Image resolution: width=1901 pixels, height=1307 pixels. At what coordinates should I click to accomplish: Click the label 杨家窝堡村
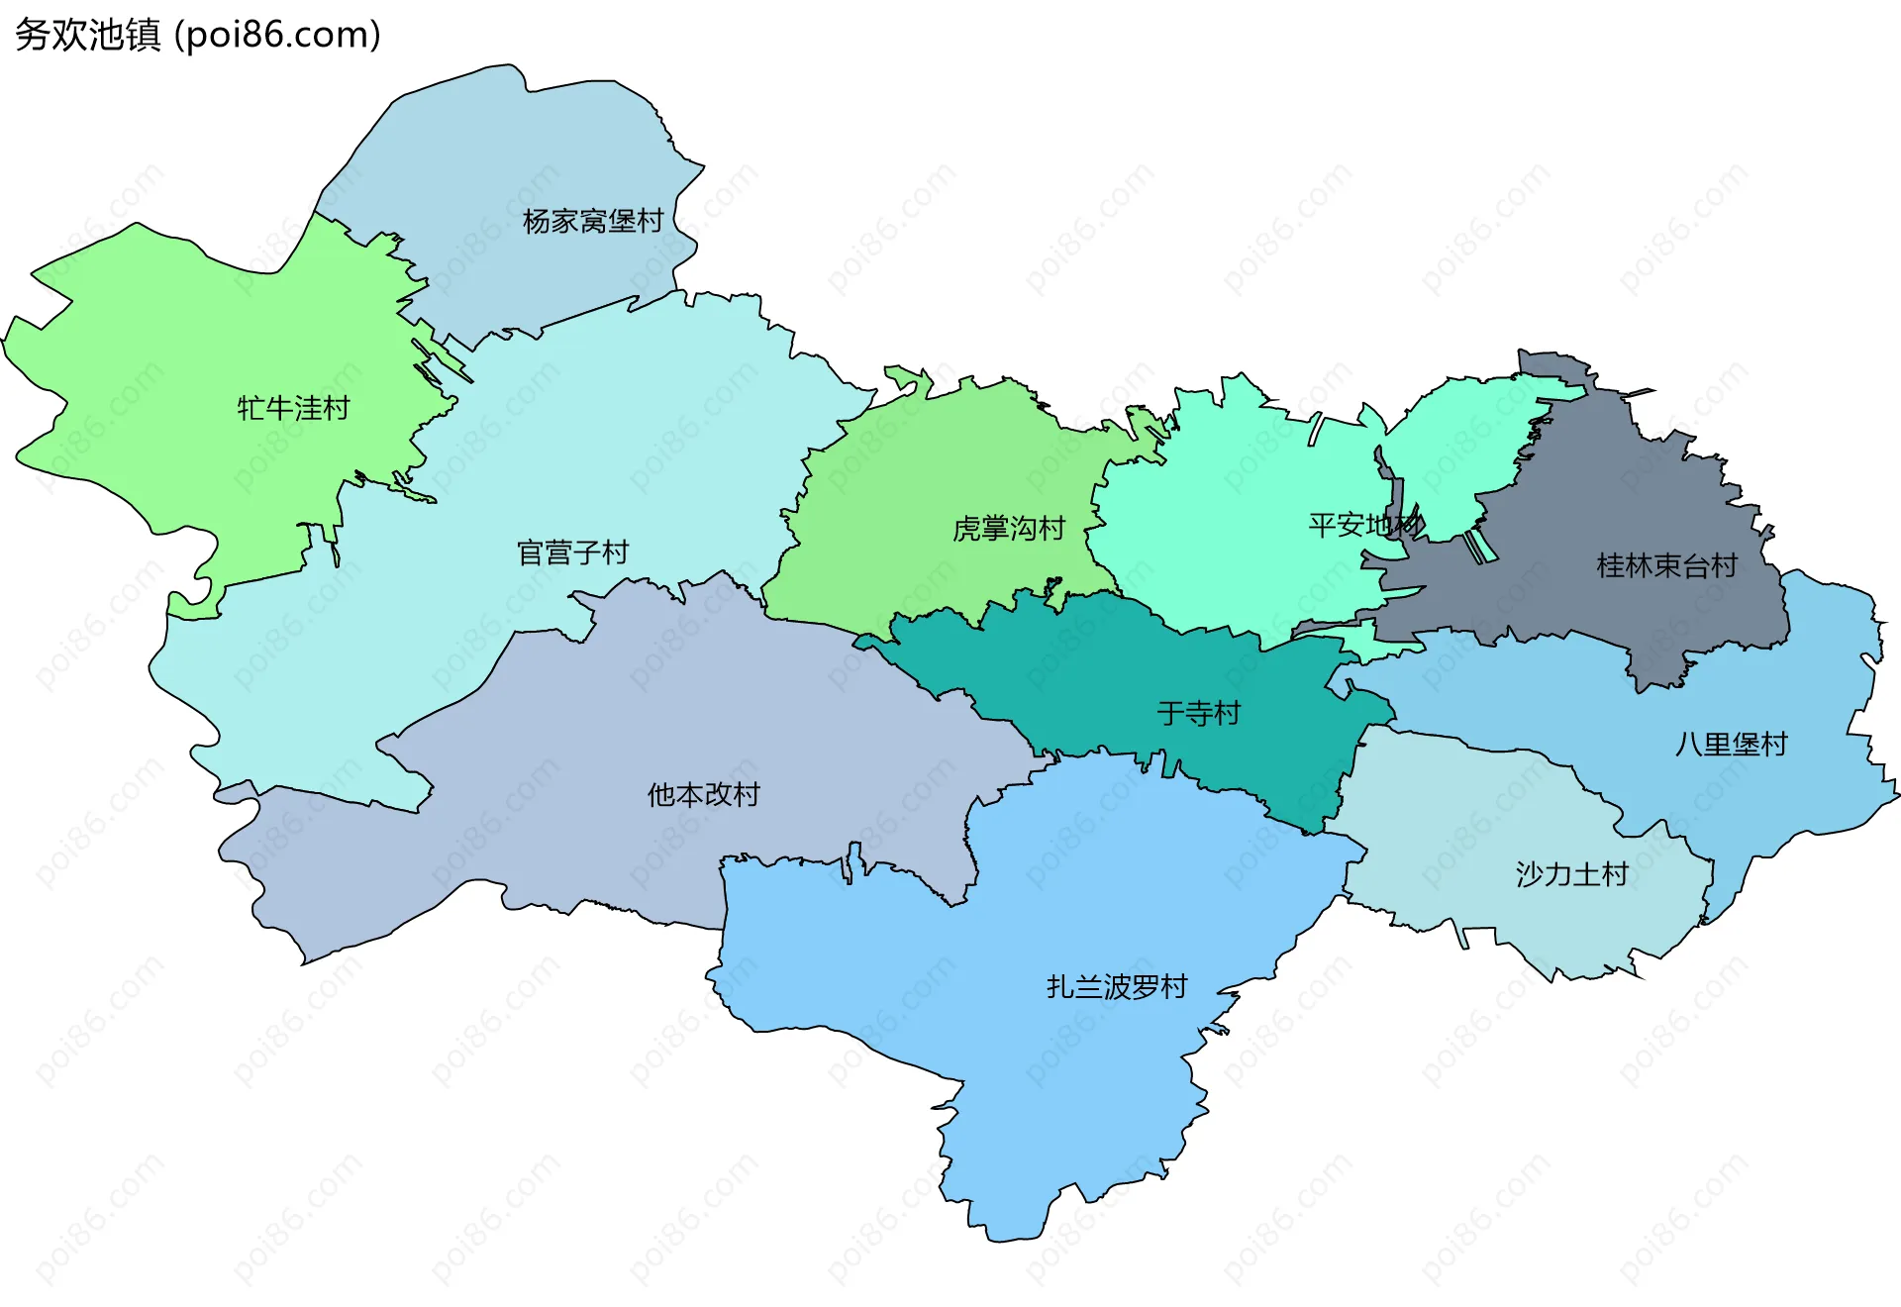[x=592, y=221]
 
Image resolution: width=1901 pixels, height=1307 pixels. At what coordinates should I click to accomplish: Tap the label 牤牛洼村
[x=293, y=408]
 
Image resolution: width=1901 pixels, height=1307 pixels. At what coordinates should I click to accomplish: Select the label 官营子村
[x=572, y=553]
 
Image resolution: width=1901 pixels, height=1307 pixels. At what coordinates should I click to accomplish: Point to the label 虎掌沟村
[x=1008, y=529]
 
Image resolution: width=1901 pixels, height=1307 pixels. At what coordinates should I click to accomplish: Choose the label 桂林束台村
[x=1666, y=566]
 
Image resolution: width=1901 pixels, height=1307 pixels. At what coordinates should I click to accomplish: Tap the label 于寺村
[x=1198, y=713]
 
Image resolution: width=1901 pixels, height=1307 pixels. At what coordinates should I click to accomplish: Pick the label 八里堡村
[x=1731, y=745]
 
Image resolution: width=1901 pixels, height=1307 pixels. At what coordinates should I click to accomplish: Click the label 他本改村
[x=703, y=794]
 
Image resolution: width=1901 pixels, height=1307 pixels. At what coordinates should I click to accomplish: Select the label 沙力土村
[x=1571, y=874]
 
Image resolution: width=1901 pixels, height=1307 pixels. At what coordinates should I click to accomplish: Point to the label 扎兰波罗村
[x=1117, y=987]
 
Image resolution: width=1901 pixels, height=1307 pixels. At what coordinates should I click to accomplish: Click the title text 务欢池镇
[x=87, y=35]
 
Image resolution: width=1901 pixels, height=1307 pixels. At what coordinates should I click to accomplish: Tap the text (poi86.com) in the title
[x=277, y=35]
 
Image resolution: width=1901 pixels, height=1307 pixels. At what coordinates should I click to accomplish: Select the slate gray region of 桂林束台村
[x=1624, y=495]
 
